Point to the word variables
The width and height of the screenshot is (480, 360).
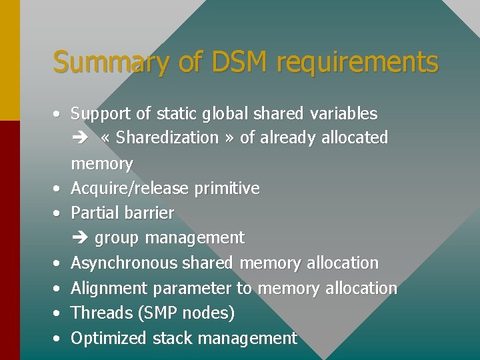[341, 114]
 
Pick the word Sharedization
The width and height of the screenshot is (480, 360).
[167, 138]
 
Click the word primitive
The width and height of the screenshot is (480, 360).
[227, 189]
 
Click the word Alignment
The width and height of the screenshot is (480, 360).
[109, 289]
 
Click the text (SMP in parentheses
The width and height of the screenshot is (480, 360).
[157, 313]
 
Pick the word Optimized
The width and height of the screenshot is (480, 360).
[109, 339]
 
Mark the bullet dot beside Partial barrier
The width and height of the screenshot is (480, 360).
[58, 214]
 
